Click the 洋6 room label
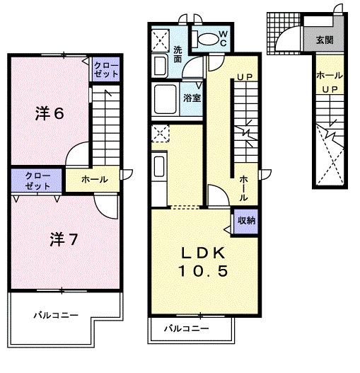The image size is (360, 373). (x=50, y=113)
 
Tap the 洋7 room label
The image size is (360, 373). (x=64, y=239)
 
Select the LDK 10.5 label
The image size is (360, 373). (x=203, y=262)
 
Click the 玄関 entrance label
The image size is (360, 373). (x=325, y=40)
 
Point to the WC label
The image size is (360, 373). (x=223, y=38)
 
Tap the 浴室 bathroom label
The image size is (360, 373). (x=192, y=98)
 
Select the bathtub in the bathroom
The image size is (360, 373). (x=166, y=99)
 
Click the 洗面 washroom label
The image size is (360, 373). (x=178, y=54)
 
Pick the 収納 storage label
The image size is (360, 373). (x=246, y=221)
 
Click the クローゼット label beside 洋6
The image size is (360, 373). (x=106, y=69)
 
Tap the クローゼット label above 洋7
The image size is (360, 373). (x=37, y=180)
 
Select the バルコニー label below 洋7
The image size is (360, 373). (x=56, y=316)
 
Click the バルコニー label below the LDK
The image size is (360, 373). (x=187, y=328)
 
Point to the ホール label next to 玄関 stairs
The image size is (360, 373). (x=330, y=76)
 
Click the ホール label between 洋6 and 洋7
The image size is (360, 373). (x=95, y=179)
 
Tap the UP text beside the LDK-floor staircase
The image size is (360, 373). (x=245, y=77)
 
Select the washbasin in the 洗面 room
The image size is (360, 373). (x=160, y=65)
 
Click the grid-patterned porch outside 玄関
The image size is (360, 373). (x=284, y=33)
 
